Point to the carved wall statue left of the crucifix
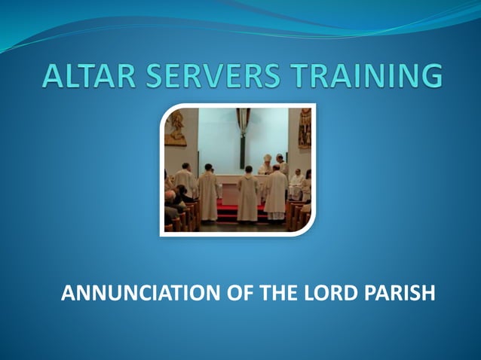click(176, 127)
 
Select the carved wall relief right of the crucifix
click(304, 127)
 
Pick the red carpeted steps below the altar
click(234, 209)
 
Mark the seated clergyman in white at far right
click(296, 185)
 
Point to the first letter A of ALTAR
click(55, 76)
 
